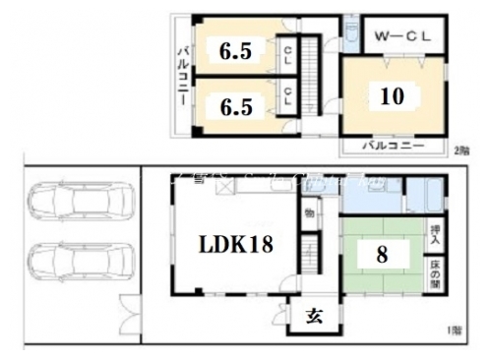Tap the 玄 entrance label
(x=312, y=316)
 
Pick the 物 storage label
(x=308, y=213)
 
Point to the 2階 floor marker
(x=460, y=150)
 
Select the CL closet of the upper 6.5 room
(x=286, y=51)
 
